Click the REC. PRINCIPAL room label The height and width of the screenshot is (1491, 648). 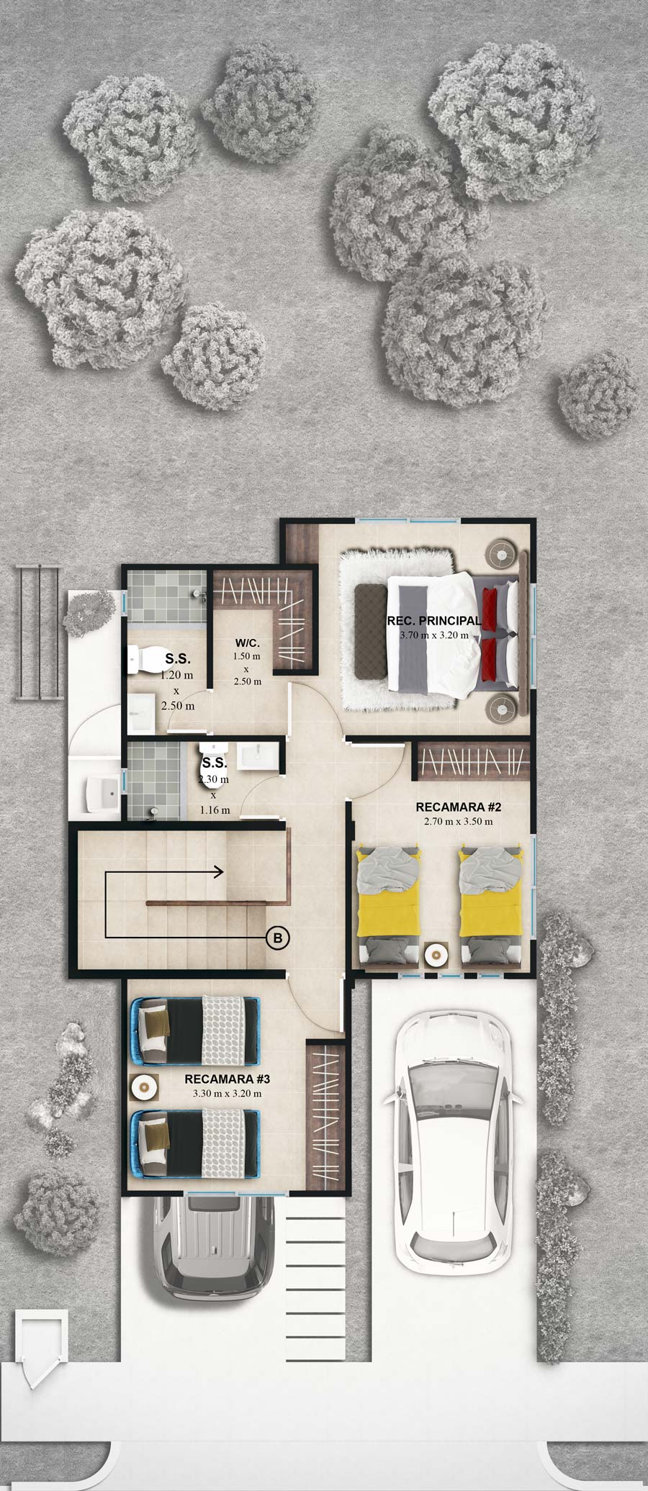coord(433,621)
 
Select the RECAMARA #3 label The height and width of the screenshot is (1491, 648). coord(227,1079)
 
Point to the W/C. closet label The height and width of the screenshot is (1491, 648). coord(246,643)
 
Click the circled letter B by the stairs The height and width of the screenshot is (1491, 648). coord(278,937)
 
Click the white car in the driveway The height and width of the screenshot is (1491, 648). coord(452,1133)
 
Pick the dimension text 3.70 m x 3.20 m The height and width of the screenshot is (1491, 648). coord(433,635)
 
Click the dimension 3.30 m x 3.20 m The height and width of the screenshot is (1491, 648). coord(227,1093)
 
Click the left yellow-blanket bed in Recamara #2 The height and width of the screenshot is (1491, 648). coord(389,905)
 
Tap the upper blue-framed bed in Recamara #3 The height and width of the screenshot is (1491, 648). coord(194,1030)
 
